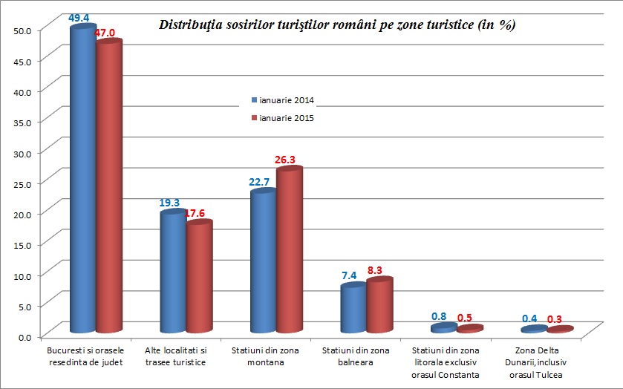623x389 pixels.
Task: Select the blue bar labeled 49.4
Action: (82, 178)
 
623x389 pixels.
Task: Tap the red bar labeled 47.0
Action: (108, 186)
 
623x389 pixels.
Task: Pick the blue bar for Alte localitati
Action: (173, 271)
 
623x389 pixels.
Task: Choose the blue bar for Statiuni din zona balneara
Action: (353, 308)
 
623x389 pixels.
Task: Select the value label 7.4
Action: (349, 275)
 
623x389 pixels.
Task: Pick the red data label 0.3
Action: (554, 320)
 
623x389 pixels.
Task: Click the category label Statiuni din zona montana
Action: (264, 355)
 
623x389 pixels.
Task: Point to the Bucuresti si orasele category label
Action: (83, 355)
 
